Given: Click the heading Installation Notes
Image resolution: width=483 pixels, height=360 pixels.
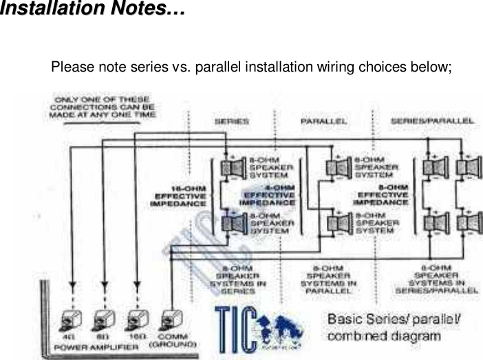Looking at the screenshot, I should point(93,10).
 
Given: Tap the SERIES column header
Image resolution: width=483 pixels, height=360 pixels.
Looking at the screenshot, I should point(232,121).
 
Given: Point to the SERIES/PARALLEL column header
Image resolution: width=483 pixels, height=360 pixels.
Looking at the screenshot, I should point(432,121).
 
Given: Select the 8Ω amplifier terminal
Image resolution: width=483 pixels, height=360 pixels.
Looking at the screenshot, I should point(104,320).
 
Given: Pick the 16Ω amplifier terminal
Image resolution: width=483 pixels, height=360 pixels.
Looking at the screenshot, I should point(138,320).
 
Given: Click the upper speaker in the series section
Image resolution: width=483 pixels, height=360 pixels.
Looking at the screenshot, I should point(233,167).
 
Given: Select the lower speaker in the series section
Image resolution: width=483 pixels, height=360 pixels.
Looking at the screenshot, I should point(233,222).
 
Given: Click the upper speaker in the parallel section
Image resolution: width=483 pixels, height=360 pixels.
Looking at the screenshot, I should point(338,167).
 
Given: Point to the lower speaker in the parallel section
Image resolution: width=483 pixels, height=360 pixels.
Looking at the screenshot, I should point(338,222).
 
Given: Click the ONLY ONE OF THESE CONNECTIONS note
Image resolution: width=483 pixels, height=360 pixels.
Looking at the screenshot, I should point(102,108).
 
